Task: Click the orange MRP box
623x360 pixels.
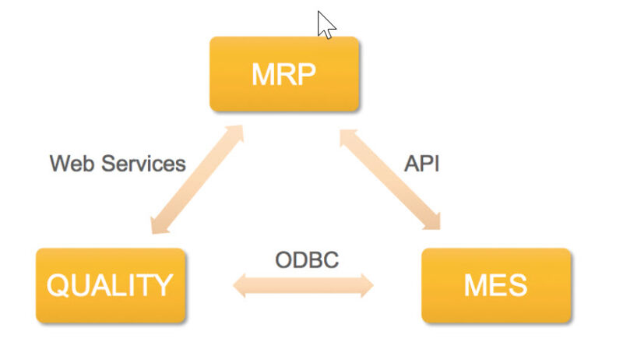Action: [284, 74]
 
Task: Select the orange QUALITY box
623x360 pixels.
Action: [111, 285]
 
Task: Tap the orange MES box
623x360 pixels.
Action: [496, 285]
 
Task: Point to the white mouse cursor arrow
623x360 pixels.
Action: [325, 24]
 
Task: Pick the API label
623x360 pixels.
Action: [421, 164]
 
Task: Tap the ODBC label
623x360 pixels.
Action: [307, 259]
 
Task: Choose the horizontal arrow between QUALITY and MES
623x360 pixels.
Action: [304, 286]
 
